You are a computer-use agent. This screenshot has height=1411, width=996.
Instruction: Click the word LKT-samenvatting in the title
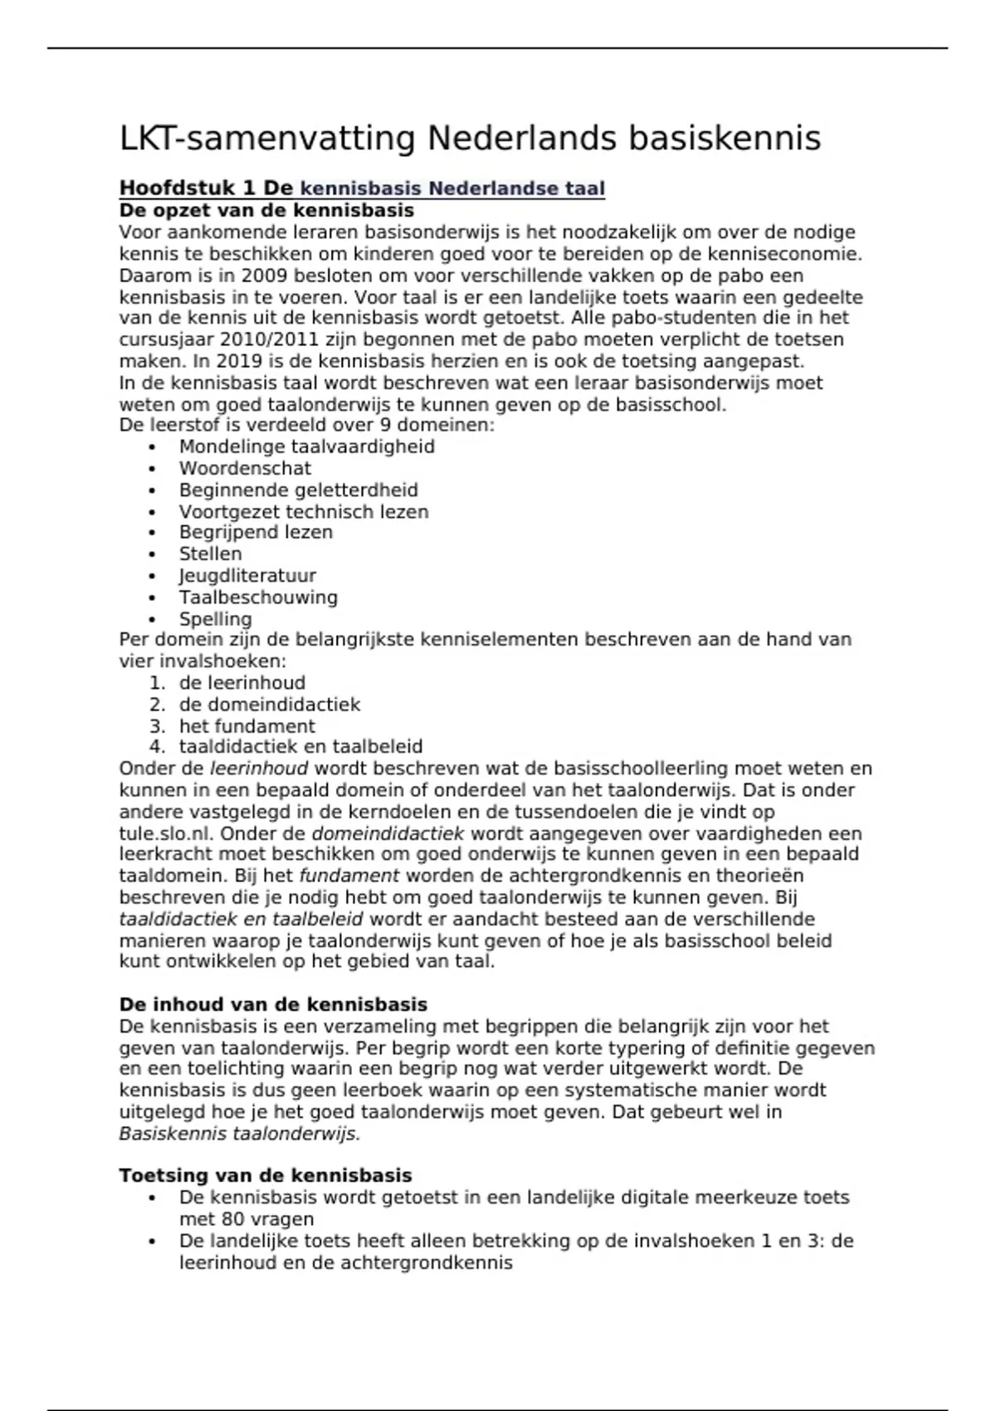pos(266,139)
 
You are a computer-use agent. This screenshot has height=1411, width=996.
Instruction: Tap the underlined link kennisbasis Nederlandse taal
pos(452,188)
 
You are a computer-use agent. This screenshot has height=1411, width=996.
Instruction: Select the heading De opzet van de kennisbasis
pos(266,210)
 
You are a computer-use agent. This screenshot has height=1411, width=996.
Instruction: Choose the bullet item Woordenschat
pos(245,468)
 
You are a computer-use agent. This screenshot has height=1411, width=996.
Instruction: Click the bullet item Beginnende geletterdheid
pos(298,490)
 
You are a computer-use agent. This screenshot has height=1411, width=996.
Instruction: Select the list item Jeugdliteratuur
pos(247,575)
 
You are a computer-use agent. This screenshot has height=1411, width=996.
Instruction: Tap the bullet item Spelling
pos(215,618)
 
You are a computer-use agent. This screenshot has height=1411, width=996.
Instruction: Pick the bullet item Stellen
pos(210,554)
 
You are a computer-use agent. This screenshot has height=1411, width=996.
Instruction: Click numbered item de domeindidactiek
pos(269,705)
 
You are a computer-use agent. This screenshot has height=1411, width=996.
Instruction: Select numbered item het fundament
pos(247,726)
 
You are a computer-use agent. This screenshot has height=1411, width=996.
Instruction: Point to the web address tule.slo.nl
pos(165,833)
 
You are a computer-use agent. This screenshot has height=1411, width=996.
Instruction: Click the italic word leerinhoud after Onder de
pos(258,769)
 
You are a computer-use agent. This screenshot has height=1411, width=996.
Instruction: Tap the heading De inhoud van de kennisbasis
pos(273,1005)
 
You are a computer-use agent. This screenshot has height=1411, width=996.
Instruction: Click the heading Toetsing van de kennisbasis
pos(266,1175)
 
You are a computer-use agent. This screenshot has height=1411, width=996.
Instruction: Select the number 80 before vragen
pos(233,1219)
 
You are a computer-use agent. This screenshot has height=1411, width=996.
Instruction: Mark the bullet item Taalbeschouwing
pos(258,597)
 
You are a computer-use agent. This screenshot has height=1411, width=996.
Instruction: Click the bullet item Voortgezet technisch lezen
pos(304,511)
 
